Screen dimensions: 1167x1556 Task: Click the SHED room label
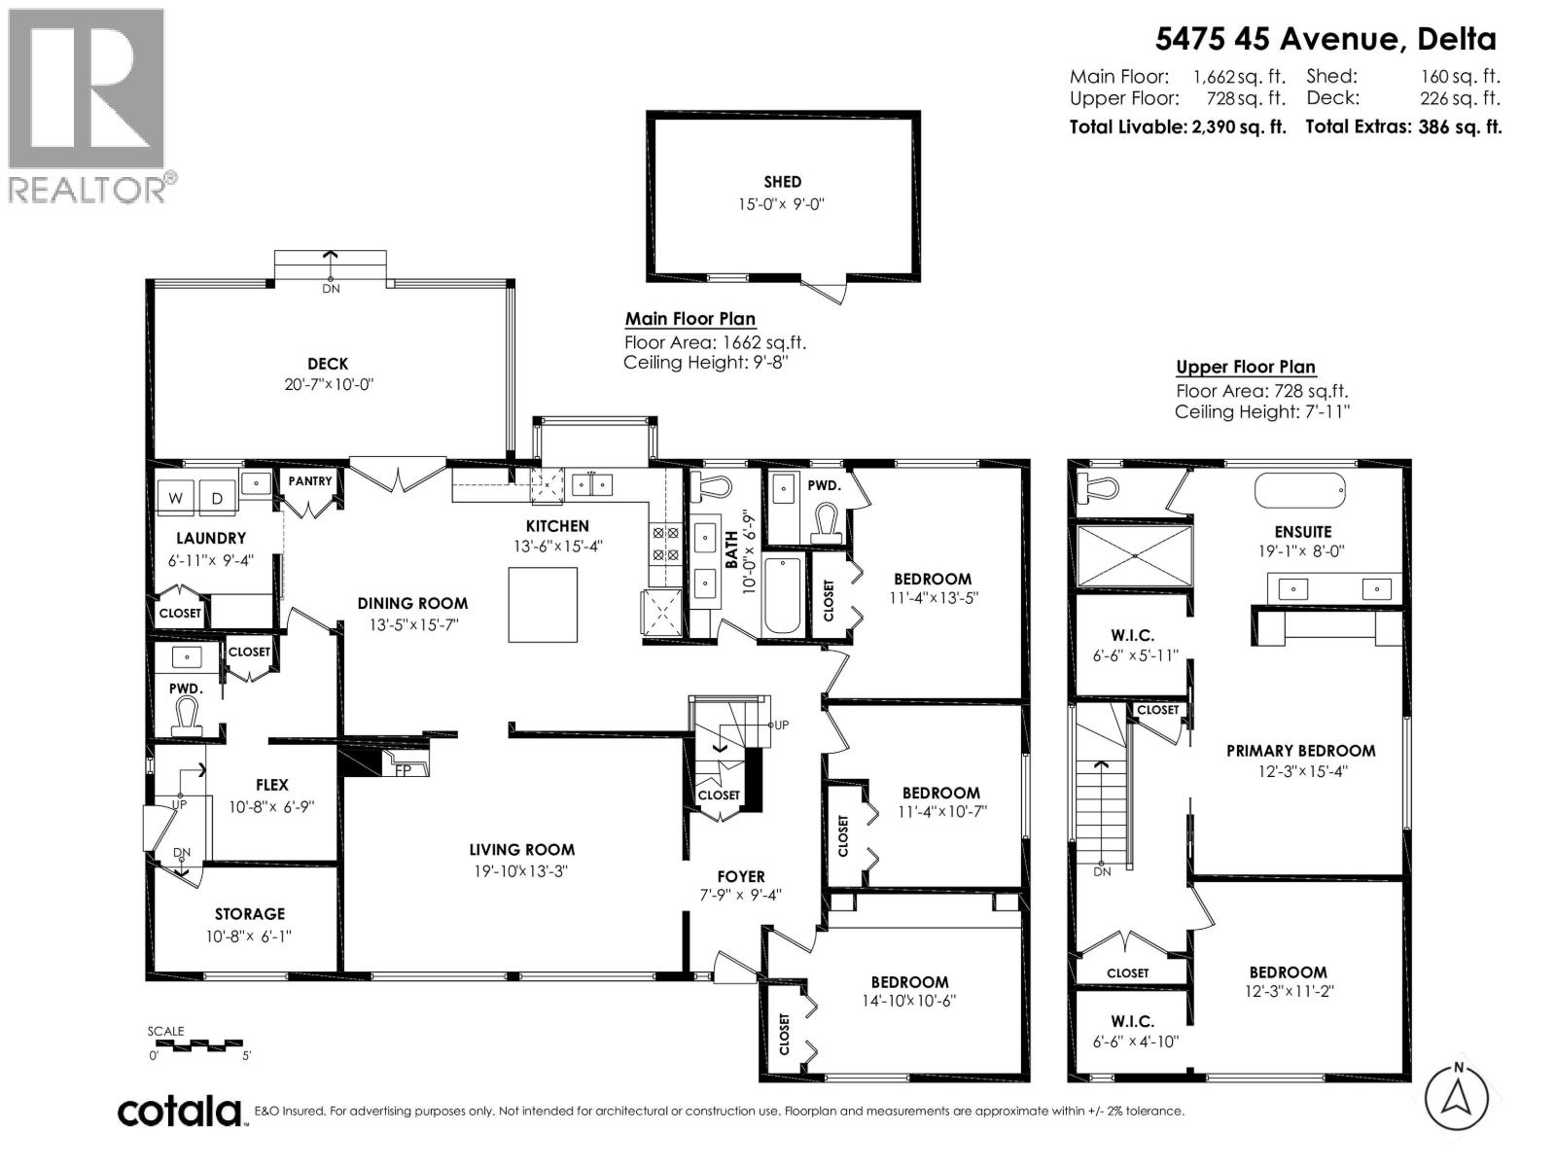782,182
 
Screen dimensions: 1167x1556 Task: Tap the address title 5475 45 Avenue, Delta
1325,39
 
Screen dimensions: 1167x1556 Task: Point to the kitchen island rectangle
543,605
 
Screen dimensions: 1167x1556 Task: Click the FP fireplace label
401,768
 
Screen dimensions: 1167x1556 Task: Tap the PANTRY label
310,481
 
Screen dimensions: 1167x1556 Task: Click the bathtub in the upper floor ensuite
1300,490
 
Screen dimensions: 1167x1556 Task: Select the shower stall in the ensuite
1134,555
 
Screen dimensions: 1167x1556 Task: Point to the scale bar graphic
200,1044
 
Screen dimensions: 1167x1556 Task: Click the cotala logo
180,1111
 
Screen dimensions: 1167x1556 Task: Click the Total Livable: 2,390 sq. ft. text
1177,126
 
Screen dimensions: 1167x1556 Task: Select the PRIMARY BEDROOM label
1300,751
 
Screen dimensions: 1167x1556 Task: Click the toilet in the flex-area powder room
185,716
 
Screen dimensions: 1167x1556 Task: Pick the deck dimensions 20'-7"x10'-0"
328,384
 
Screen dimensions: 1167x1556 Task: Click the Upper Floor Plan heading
1245,367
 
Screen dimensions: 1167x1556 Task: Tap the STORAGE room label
250,914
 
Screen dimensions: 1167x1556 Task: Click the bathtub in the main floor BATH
781,595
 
